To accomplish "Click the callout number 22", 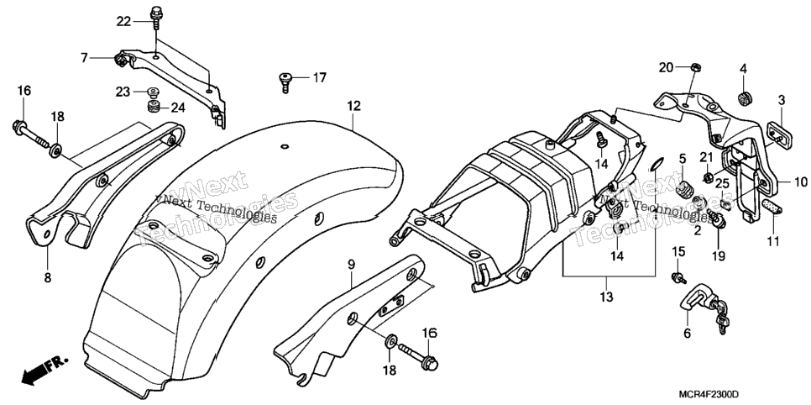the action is (124, 21).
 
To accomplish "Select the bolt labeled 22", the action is (155, 16).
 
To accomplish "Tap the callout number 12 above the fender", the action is (353, 106).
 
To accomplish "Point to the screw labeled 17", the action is (285, 82).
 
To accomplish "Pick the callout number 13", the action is (606, 297).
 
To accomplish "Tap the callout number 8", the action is (48, 278).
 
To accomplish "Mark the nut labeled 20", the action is (696, 67).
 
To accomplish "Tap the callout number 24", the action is (177, 108).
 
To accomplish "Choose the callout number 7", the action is (84, 58).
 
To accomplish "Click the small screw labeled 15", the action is (678, 278).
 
